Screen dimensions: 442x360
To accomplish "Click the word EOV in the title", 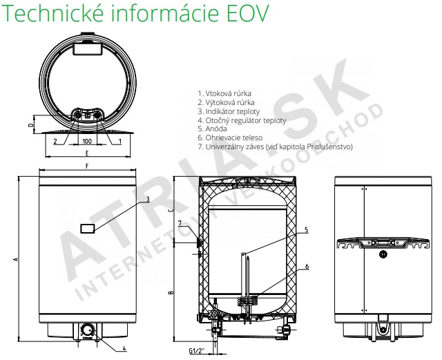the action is (248, 12).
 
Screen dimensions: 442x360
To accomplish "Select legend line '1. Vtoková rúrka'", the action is (224, 93).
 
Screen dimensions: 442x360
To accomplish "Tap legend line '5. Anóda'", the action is (212, 129).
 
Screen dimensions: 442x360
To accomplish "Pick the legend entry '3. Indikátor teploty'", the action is (229, 111).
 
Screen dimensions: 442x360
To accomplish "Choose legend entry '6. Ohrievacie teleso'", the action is (230, 138).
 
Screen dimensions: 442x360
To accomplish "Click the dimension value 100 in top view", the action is (87, 141).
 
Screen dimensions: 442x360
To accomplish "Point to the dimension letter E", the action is (88, 153).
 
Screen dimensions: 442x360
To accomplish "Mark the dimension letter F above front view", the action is (87, 166).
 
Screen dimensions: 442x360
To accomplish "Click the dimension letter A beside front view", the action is (16, 258).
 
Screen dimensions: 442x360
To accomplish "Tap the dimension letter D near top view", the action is (32, 124).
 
